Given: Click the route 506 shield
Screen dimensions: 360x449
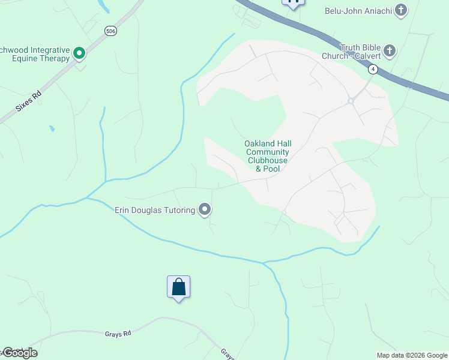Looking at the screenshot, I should point(110,31).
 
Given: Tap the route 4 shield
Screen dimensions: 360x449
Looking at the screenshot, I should point(373,70).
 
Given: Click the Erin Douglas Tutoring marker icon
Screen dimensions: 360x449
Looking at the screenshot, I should point(205,210).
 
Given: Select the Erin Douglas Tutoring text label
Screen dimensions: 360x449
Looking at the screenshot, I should point(155,210).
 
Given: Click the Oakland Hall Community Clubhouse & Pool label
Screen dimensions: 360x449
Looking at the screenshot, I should point(267,156).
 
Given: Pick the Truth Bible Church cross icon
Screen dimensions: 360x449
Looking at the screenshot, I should point(390,51).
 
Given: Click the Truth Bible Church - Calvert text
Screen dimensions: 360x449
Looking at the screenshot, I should point(361,51).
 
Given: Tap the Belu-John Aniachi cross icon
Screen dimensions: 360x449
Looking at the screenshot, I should point(400,10).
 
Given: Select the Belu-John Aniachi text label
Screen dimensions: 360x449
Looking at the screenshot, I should point(358,10).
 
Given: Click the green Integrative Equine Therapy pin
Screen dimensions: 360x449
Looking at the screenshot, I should point(79,54).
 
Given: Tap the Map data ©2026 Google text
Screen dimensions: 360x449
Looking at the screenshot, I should point(411,355).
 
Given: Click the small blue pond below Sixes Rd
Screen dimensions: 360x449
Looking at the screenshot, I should point(52,128).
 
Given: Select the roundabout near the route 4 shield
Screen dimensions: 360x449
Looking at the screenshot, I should point(350,101).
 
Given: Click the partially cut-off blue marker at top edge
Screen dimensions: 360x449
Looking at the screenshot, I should point(293,3).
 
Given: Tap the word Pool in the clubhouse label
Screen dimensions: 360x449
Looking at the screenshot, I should point(271,169).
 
